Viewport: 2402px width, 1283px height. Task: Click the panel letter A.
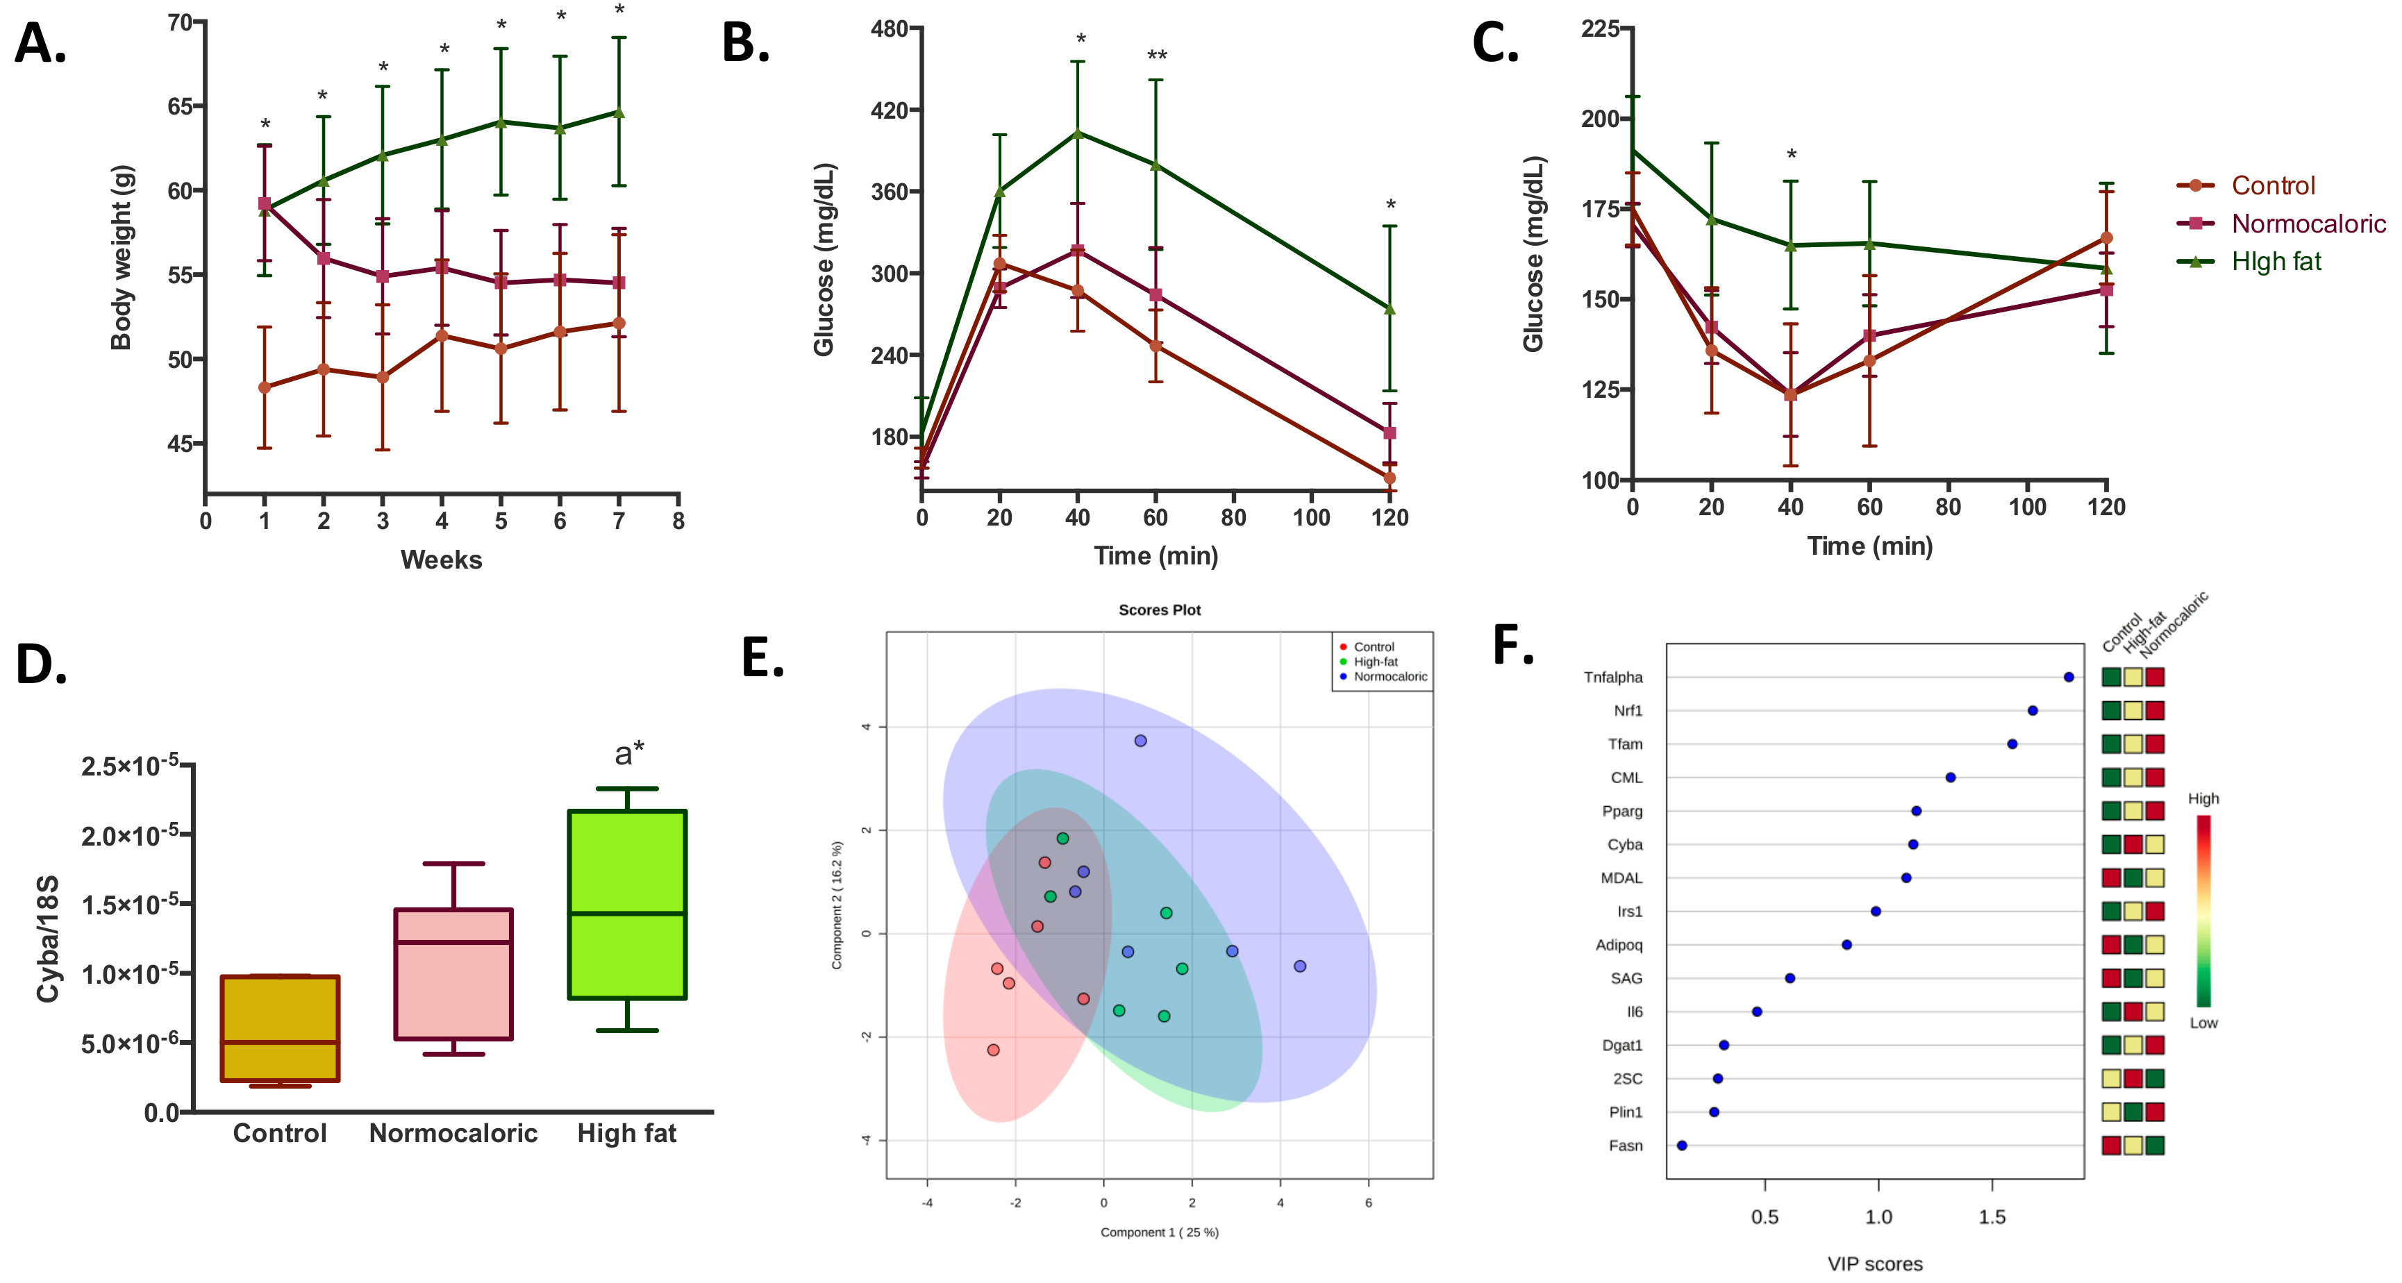(x=40, y=44)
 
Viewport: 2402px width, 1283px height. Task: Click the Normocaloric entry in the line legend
(x=2308, y=224)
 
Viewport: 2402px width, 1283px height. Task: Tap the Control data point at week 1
(x=265, y=387)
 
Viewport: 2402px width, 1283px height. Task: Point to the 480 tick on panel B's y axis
(x=890, y=29)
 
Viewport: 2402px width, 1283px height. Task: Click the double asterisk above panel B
(x=1156, y=56)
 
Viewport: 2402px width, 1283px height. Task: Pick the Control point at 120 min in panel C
(x=2105, y=237)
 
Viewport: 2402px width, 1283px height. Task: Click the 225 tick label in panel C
(x=1599, y=29)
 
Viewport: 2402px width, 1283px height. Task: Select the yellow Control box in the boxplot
(x=280, y=1028)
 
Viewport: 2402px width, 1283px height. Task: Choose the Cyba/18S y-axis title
(x=47, y=938)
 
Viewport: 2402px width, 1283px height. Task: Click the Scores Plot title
(x=1159, y=610)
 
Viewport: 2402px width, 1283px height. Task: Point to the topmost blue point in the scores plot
(x=1140, y=740)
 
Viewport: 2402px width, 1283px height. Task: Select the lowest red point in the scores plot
(x=993, y=1050)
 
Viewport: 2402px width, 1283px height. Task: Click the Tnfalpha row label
(x=1612, y=677)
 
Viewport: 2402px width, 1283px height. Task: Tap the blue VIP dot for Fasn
(x=1681, y=1145)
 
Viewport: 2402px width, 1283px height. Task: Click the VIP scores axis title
(x=1874, y=1264)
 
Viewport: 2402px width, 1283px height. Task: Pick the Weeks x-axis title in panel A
(x=441, y=560)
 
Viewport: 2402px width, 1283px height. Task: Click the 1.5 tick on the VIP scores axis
(x=1992, y=1217)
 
